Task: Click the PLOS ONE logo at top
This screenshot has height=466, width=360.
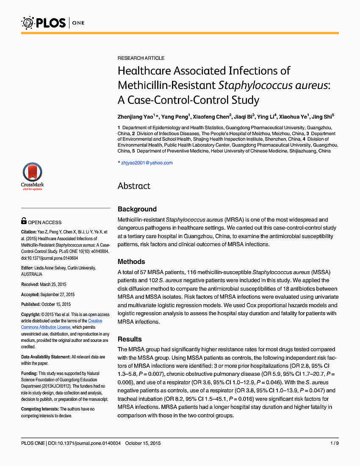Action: pyautogui.click(x=53, y=22)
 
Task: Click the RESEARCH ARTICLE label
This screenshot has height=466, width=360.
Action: pyautogui.click(x=141, y=58)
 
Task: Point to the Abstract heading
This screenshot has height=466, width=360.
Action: pyautogui.click(x=134, y=186)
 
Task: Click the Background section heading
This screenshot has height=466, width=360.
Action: pyautogui.click(x=137, y=209)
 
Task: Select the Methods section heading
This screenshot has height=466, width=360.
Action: pyautogui.click(x=131, y=261)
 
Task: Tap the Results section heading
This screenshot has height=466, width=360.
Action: pyautogui.click(x=130, y=339)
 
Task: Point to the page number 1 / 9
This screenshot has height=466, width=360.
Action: pyautogui.click(x=334, y=443)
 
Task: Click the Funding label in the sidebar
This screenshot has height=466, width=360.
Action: pyautogui.click(x=29, y=373)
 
